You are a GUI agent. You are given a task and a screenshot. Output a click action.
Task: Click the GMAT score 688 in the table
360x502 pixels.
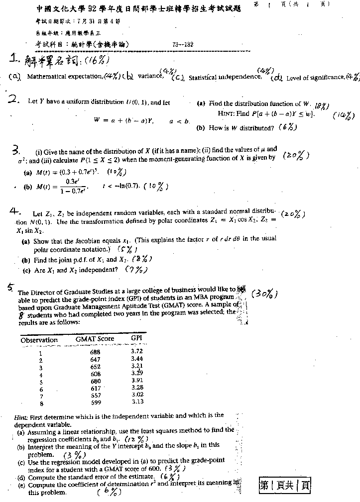pyautogui.click(x=95, y=352)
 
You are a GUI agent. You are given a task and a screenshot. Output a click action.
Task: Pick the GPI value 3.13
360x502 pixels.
pyautogui.click(x=137, y=402)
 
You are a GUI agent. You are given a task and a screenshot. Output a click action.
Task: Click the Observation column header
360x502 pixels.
pyautogui.click(x=39, y=340)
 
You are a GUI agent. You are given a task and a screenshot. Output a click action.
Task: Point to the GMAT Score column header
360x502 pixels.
pyautogui.click(x=95, y=339)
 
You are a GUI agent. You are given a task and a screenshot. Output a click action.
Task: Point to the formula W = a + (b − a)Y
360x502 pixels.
pyautogui.click(x=124, y=120)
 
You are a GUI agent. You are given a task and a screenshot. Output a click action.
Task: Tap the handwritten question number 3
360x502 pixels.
pyautogui.click(x=16, y=151)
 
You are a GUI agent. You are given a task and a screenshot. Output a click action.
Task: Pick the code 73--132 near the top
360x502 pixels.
pyautogui.click(x=183, y=45)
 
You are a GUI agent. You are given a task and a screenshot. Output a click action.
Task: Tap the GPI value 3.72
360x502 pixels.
pyautogui.click(x=137, y=351)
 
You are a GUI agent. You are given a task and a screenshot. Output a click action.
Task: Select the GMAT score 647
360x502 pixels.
pyautogui.click(x=95, y=359)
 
